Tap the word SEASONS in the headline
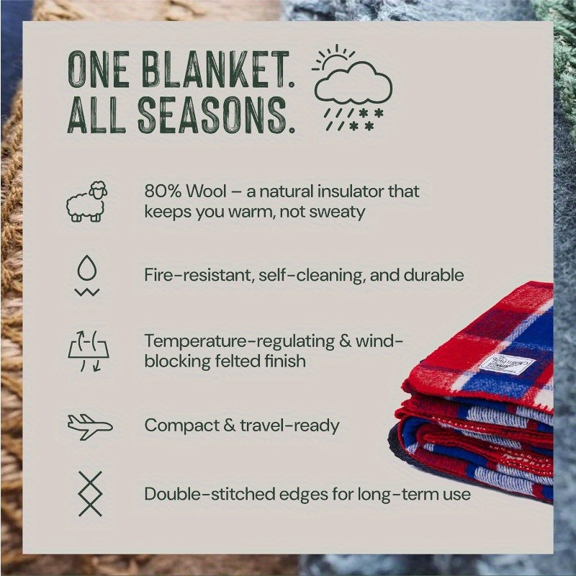tap(216, 115)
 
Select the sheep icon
tap(88, 202)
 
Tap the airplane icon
tap(89, 426)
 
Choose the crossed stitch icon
tap(90, 493)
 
